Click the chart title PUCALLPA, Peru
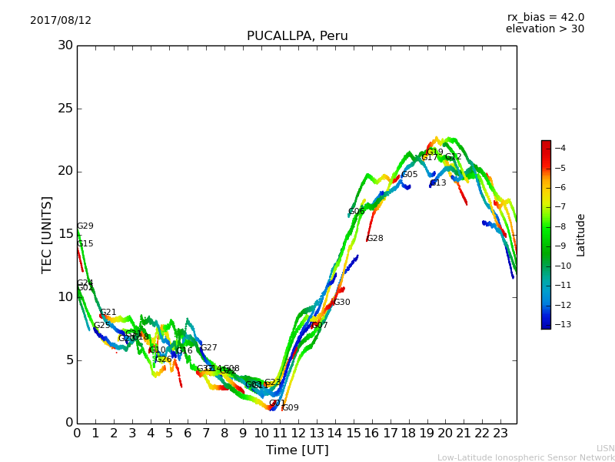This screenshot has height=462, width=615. [x=297, y=36]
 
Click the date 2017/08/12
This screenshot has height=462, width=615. [x=61, y=21]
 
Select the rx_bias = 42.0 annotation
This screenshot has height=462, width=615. [x=545, y=17]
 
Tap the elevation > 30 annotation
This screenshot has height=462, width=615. [x=544, y=29]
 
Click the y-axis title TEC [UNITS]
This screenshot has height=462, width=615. [x=48, y=234]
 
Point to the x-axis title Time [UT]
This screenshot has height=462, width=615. [x=297, y=450]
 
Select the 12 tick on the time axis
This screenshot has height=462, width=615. [x=298, y=434]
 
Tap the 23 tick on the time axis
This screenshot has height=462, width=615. [x=500, y=434]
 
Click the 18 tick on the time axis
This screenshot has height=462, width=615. [x=408, y=434]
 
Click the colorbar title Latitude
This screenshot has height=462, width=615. [x=581, y=234]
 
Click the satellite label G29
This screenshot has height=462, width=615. [x=85, y=226]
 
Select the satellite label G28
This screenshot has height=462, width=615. [x=374, y=239]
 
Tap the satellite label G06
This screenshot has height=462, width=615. [x=356, y=212]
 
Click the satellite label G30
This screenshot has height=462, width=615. [x=341, y=303]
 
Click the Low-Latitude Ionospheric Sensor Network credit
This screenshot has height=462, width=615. [x=526, y=457]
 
